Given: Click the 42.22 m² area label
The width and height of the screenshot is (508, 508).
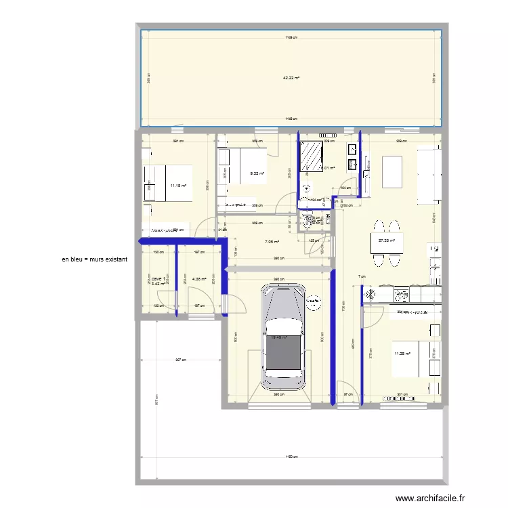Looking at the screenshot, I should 291,78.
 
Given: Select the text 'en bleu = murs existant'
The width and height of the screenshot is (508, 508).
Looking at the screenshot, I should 94,259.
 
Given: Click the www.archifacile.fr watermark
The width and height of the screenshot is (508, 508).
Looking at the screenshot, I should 431,498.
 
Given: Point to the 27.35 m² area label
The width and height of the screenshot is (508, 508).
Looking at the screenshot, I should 387,240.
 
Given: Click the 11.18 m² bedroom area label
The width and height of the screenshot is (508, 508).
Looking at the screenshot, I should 178,185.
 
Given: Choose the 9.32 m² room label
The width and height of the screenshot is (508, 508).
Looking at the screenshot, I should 257,173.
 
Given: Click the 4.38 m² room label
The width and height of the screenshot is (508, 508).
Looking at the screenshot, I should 199,278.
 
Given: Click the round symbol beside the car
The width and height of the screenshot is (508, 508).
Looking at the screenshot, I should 314,303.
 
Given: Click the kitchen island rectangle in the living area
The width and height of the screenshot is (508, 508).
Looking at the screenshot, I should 392,172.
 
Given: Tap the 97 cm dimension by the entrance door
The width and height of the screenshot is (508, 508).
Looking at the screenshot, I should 347,394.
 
